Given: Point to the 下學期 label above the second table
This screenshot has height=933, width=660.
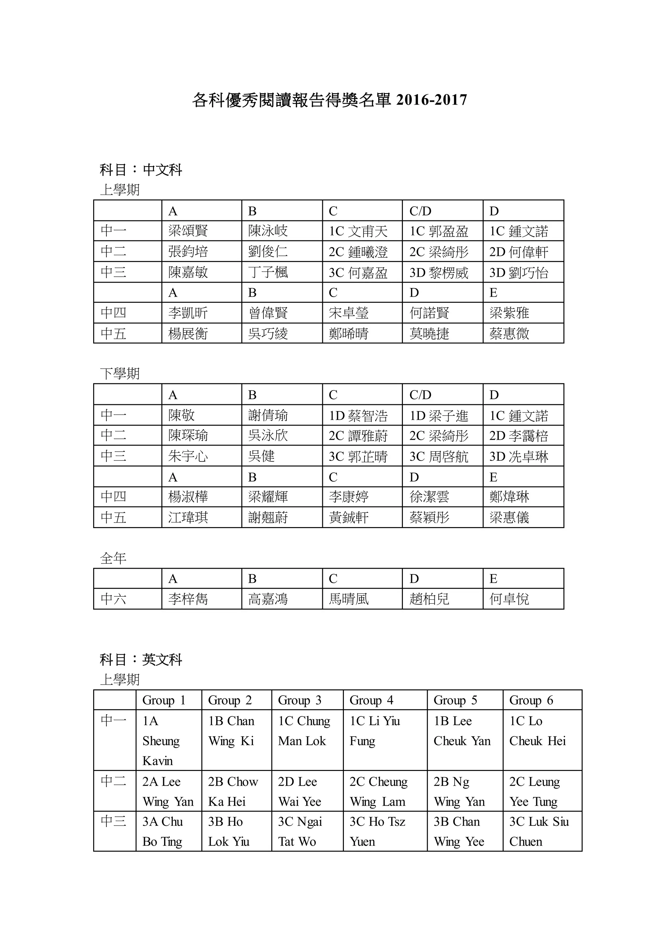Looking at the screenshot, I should click(x=120, y=373).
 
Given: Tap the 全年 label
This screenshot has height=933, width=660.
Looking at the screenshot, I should click(x=113, y=558).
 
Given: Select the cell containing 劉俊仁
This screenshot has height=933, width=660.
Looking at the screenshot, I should click(x=268, y=252).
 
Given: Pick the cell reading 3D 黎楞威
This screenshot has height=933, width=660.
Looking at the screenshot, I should click(x=439, y=273).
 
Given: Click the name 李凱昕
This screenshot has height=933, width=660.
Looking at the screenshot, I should click(x=188, y=313).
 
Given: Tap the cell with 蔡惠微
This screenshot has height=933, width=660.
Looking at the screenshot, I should click(x=509, y=334).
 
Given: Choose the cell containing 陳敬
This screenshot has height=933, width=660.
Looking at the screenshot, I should click(x=182, y=415).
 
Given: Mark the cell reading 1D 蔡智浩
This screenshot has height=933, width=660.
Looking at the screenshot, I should click(x=358, y=416).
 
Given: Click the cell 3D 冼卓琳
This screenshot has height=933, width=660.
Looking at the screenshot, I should click(x=519, y=456).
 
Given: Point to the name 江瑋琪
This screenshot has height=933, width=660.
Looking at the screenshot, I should click(x=188, y=517).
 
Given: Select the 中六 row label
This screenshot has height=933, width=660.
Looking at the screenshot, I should click(x=113, y=599).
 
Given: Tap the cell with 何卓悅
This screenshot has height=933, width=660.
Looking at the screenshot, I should click(x=509, y=599).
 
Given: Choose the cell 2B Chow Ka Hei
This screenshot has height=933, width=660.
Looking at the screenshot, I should click(x=233, y=792).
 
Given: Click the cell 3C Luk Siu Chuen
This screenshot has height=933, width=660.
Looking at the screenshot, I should click(x=539, y=832).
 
